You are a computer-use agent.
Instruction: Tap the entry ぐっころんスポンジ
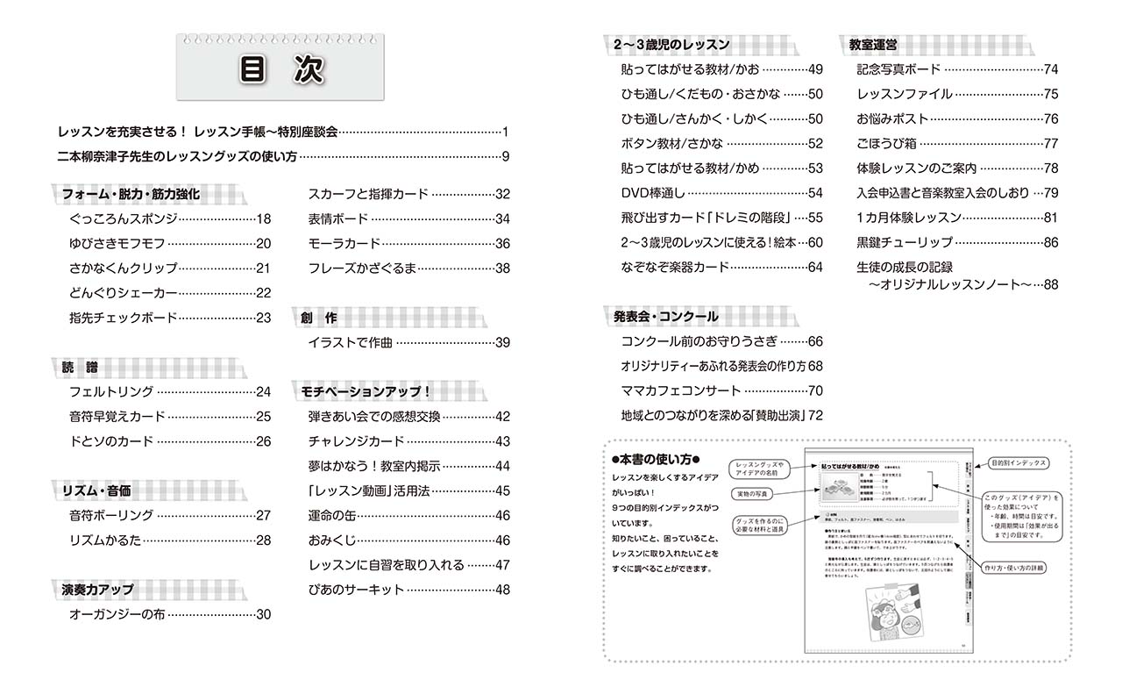pos(123,219)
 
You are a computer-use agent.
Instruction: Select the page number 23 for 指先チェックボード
pos(263,318)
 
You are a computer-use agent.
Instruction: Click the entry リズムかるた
pos(105,540)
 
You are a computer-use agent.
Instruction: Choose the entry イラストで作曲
pos(349,342)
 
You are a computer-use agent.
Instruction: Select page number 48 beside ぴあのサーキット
pos(501,590)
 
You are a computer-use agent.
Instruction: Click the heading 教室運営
pos(872,45)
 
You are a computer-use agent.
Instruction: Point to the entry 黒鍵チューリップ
pos(904,242)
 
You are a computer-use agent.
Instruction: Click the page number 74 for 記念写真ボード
pos(1052,69)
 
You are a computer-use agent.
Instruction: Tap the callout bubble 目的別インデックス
pos(1018,462)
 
